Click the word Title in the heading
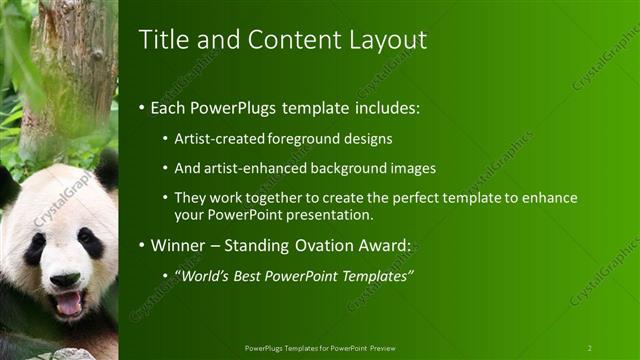tap(159, 39)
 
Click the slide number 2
tap(589, 348)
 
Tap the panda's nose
tap(65, 279)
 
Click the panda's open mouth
tap(68, 302)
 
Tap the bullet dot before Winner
tap(142, 245)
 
